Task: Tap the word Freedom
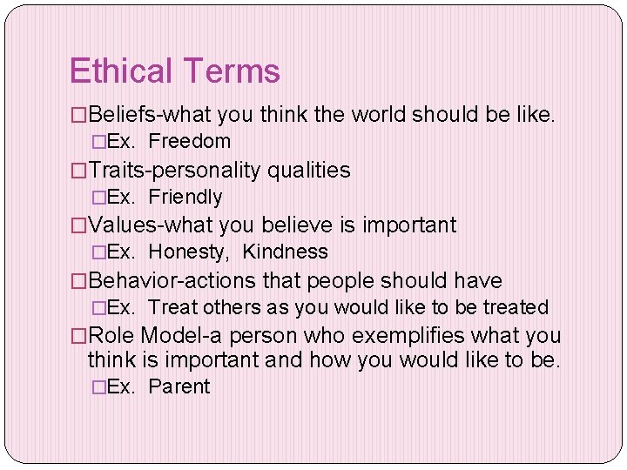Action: coord(190,141)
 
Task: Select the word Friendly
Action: coord(185,197)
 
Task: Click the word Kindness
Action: coord(285,252)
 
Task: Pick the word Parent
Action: coord(179,386)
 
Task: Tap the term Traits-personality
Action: coord(175,170)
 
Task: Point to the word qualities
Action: coord(309,170)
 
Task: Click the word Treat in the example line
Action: coord(173,307)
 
